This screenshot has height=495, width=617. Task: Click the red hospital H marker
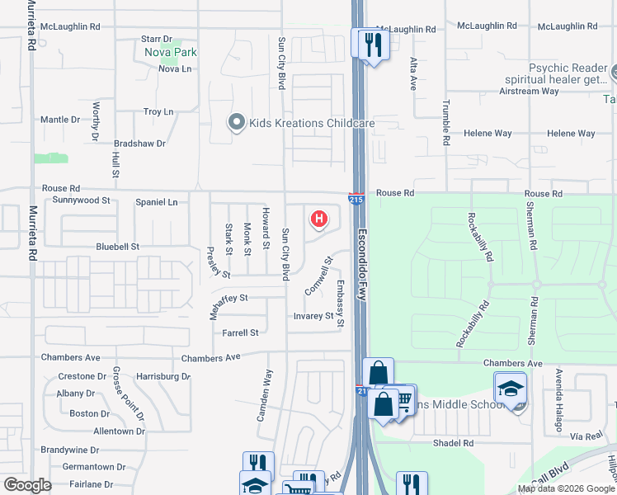[318, 219]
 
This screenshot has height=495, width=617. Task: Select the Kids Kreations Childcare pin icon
[237, 123]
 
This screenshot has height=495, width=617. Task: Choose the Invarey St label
[313, 315]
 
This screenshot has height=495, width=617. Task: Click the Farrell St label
[240, 332]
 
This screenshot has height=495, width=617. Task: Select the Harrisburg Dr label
[163, 376]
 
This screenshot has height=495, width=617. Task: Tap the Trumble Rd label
[445, 122]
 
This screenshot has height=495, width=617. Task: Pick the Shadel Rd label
[453, 443]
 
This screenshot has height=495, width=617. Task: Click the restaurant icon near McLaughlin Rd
[371, 45]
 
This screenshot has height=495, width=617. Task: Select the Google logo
[28, 485]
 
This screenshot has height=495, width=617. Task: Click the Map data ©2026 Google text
[566, 488]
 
